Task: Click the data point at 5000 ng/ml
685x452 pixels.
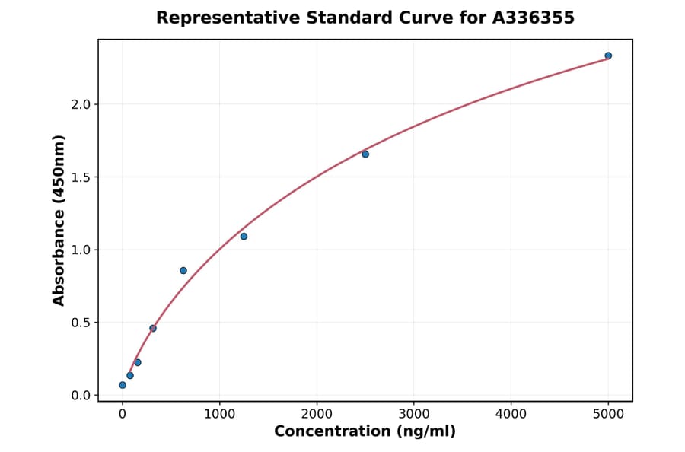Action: point(608,56)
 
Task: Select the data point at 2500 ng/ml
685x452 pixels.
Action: point(365,154)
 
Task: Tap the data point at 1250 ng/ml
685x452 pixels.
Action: point(244,237)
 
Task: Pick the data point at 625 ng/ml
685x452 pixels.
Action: point(183,271)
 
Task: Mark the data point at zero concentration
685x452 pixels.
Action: point(123,385)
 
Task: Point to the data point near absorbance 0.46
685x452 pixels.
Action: point(153,329)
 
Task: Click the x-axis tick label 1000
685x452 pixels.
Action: point(219,414)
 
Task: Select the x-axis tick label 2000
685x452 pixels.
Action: point(317,414)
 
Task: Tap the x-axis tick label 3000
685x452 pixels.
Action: point(413,414)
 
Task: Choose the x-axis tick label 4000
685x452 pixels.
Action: point(511,414)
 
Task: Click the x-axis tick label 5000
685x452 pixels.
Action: point(608,414)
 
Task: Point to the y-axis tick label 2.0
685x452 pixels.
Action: point(80,104)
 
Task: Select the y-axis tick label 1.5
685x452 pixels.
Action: point(80,177)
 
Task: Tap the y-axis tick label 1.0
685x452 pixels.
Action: point(80,250)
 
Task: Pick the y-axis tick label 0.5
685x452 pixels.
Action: point(80,323)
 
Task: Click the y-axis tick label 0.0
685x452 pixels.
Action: point(80,396)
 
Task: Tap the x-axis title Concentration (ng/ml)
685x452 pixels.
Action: point(365,432)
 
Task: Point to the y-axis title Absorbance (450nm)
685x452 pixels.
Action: point(59,220)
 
